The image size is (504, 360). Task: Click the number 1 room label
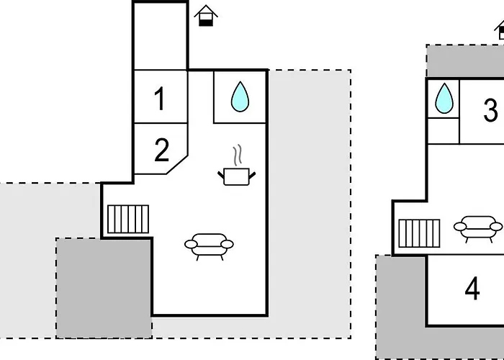pyautogui.click(x=161, y=99)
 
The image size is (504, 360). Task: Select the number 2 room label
pyautogui.click(x=161, y=150)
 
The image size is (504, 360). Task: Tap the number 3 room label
pyautogui.click(x=490, y=110)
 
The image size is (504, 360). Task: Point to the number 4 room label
pyautogui.click(x=472, y=289)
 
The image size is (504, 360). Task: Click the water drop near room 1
pyautogui.click(x=240, y=96)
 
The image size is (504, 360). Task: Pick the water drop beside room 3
pyautogui.click(x=444, y=99)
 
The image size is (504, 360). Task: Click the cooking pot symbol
pyautogui.click(x=237, y=176)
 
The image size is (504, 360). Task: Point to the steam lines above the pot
pyautogui.click(x=237, y=155)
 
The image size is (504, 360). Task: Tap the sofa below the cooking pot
pyautogui.click(x=209, y=246)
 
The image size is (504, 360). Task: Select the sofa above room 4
pyautogui.click(x=478, y=229)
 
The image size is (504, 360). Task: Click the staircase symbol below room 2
pyautogui.click(x=128, y=219)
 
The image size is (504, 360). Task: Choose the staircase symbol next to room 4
pyautogui.click(x=419, y=233)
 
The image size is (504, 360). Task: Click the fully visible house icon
pyautogui.click(x=206, y=15)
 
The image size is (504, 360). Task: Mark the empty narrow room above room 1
pyautogui.click(x=161, y=36)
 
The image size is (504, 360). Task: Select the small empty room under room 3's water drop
pyautogui.click(x=444, y=131)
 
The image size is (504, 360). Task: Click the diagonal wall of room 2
pyautogui.click(x=177, y=165)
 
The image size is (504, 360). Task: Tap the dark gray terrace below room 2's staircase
pyautogui.click(x=104, y=288)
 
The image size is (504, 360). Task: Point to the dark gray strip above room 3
pyautogui.click(x=465, y=61)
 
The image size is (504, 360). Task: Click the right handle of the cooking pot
pyautogui.click(x=252, y=176)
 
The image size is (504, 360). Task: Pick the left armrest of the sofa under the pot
pyautogui.click(x=191, y=244)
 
